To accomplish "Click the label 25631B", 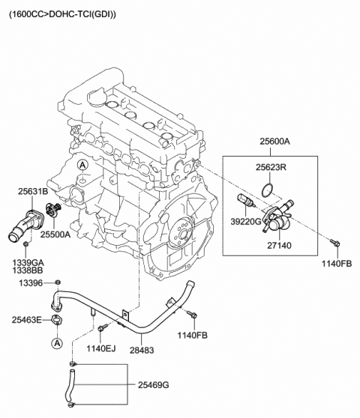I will click(33, 192).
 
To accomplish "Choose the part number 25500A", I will click(55, 234).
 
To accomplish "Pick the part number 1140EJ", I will click(100, 348).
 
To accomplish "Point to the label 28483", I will click(143, 348).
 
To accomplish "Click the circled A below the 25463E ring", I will click(56, 343).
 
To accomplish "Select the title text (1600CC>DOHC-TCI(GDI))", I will click(62, 13).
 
